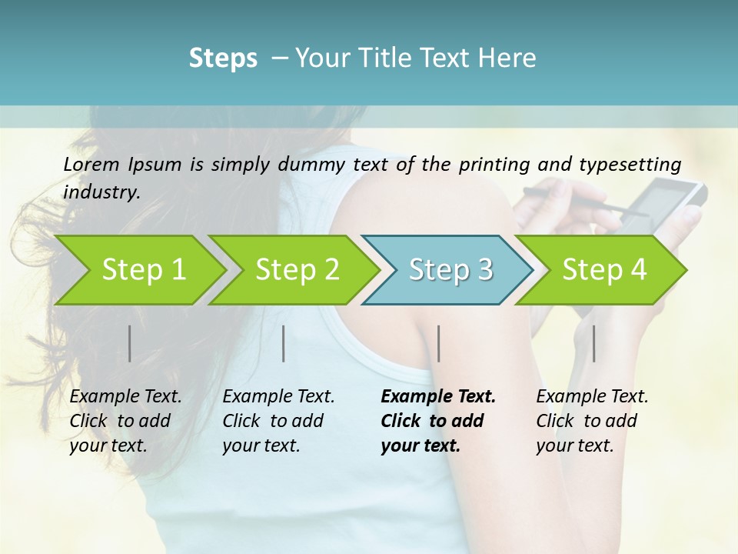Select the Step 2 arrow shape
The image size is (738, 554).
(292, 270)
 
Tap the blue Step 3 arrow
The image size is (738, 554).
(447, 270)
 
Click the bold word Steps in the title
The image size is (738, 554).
(223, 58)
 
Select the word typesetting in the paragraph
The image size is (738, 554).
(636, 165)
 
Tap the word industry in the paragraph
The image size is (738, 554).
(101, 192)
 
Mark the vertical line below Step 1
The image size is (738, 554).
(130, 343)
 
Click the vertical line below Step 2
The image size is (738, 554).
(284, 343)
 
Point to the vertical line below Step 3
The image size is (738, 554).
(439, 343)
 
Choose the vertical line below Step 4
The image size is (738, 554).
(593, 343)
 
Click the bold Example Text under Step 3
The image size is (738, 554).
(438, 397)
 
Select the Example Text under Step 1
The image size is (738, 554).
(125, 397)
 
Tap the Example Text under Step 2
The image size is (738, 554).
(278, 397)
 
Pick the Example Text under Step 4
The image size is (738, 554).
(592, 397)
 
